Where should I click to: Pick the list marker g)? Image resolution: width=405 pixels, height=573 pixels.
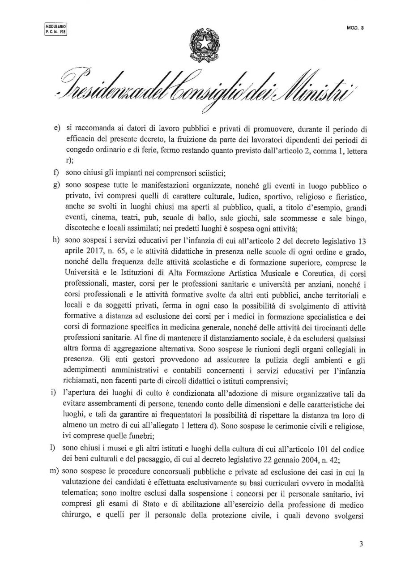57,184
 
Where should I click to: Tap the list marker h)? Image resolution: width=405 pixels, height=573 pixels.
57,237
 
